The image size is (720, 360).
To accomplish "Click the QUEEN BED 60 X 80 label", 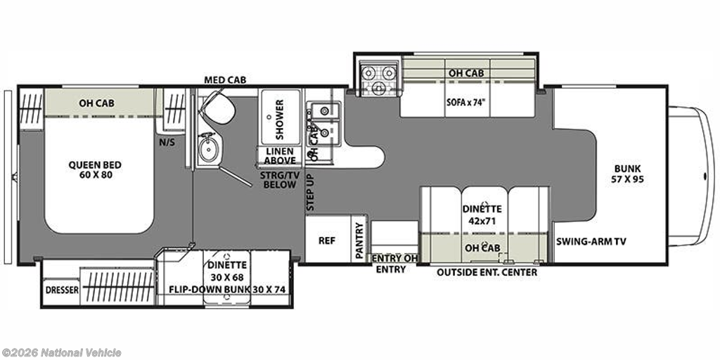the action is (x=95, y=169).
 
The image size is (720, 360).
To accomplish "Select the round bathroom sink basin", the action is (x=208, y=147).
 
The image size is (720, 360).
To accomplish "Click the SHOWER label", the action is (x=280, y=113).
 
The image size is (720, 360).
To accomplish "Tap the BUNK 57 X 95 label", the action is (x=629, y=174).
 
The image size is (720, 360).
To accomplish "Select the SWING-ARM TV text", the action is (x=591, y=242).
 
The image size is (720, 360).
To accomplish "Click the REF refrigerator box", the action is (x=327, y=240).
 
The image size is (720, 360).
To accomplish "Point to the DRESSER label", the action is (x=62, y=290).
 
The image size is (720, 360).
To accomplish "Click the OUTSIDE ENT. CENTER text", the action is (x=487, y=272).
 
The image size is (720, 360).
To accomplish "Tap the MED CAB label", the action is (x=225, y=80).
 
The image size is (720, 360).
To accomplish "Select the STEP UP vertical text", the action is (x=310, y=193).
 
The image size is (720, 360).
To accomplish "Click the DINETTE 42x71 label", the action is (x=481, y=214).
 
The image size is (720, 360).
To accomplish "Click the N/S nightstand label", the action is (x=167, y=142).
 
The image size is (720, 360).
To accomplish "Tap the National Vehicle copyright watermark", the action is (x=61, y=353).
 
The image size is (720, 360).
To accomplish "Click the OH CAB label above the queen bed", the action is (x=96, y=103).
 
